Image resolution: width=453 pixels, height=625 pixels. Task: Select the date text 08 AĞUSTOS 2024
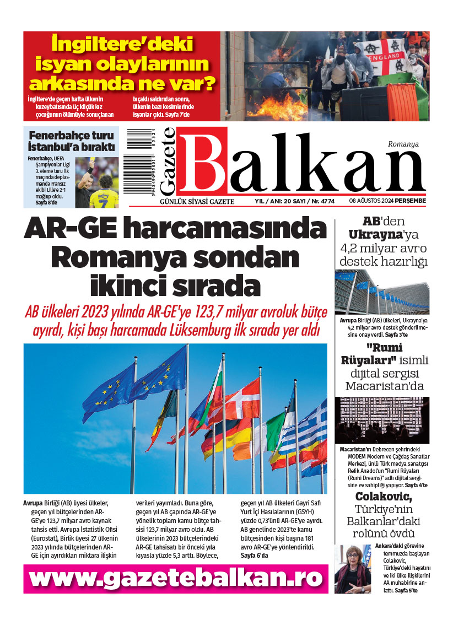375,201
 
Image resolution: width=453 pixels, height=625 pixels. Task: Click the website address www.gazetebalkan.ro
176,579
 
